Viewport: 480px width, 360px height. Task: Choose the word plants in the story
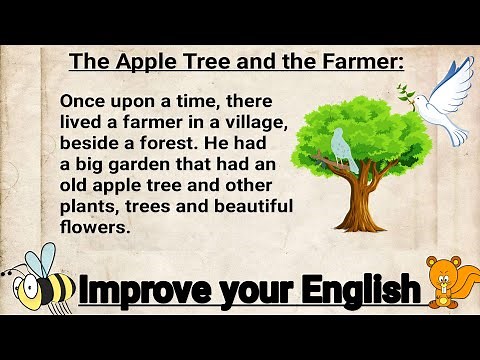click(89, 207)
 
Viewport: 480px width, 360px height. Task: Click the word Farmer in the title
click(361, 62)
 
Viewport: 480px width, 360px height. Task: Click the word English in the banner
click(355, 292)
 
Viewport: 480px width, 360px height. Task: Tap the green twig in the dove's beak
click(405, 94)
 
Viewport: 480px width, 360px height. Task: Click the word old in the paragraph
click(78, 186)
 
